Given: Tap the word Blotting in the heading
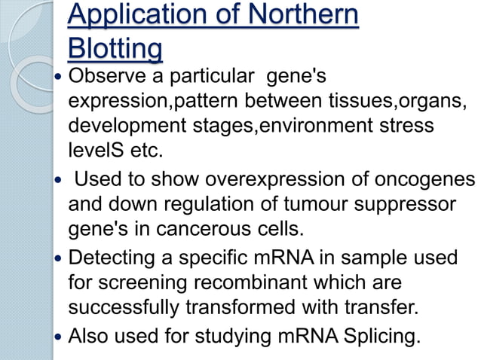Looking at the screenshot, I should (x=115, y=49).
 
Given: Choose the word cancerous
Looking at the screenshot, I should (x=270, y=228).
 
